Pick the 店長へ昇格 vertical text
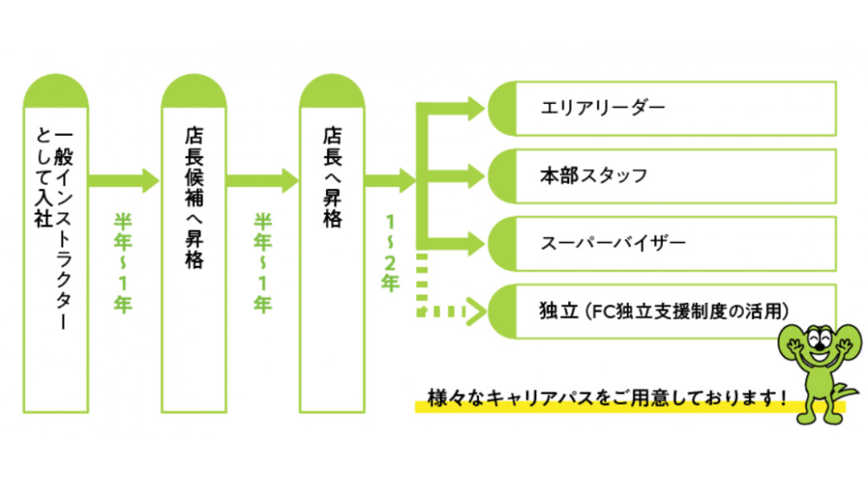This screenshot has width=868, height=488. [x=332, y=177]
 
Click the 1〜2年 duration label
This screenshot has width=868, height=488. [x=390, y=253]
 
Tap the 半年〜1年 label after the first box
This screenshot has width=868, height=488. [x=123, y=262]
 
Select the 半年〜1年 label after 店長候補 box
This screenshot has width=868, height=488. [x=263, y=262]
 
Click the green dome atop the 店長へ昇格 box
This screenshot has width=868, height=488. [x=332, y=93]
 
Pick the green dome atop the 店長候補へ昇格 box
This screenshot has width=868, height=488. [x=194, y=93]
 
